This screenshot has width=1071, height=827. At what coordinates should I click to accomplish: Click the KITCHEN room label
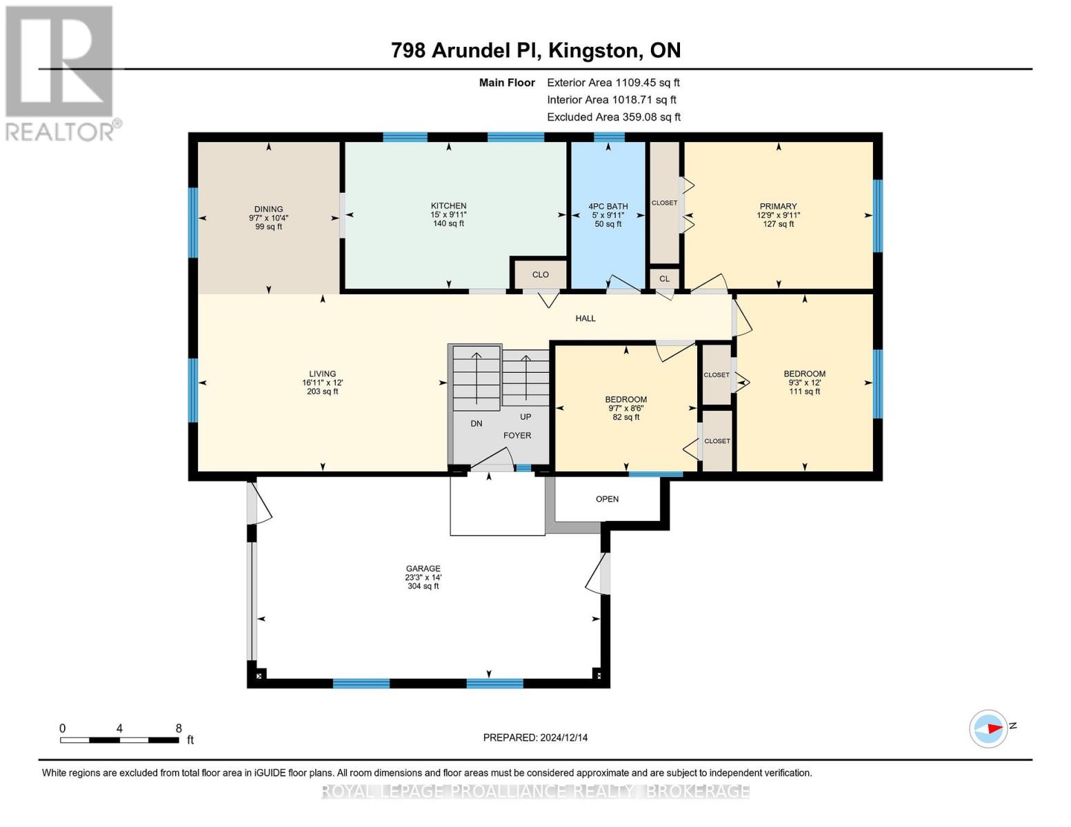click(x=448, y=206)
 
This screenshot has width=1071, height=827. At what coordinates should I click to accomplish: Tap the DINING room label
click(x=268, y=210)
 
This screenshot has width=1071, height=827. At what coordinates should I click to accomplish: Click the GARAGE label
click(x=423, y=569)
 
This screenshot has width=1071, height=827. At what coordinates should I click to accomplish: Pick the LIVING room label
click(x=322, y=374)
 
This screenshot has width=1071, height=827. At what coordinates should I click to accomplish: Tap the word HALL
click(x=585, y=318)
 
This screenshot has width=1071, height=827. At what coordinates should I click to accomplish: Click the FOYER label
click(x=517, y=436)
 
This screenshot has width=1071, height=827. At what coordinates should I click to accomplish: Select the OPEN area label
click(x=607, y=499)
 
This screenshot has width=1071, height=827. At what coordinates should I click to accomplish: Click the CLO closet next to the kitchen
click(x=540, y=275)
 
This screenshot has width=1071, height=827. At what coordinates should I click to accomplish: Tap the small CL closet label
click(x=664, y=279)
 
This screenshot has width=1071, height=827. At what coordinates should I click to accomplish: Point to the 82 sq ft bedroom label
click(x=625, y=400)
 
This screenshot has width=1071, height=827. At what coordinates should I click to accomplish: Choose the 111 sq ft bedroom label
click(x=804, y=374)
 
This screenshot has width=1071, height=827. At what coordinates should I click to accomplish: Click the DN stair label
click(x=477, y=424)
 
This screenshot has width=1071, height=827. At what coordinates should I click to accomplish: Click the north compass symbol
click(x=989, y=728)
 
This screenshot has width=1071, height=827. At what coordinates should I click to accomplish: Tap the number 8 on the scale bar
click(x=179, y=728)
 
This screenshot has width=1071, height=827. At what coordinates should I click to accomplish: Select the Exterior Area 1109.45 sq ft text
click(x=613, y=83)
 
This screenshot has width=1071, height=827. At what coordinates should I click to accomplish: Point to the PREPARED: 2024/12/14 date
click(x=535, y=737)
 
